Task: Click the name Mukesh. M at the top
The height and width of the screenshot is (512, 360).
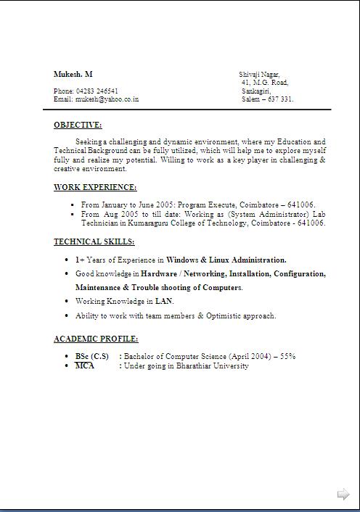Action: (x=73, y=75)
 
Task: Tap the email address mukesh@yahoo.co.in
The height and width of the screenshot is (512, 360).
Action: (x=107, y=99)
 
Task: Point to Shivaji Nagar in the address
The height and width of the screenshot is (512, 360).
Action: (x=259, y=75)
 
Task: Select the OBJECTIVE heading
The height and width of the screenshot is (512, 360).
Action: (x=78, y=125)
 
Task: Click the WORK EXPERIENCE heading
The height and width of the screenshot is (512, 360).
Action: (x=95, y=188)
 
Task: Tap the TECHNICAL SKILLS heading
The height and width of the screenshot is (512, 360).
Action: (x=94, y=242)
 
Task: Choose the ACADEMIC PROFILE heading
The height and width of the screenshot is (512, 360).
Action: (x=96, y=339)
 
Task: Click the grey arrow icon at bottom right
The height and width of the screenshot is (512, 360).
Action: (x=343, y=495)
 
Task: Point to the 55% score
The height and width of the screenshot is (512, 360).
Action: (x=288, y=357)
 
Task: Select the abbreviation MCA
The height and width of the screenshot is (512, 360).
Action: (x=85, y=366)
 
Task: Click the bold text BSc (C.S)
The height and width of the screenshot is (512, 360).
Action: (x=91, y=357)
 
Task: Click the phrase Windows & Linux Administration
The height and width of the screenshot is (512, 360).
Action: (x=226, y=260)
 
